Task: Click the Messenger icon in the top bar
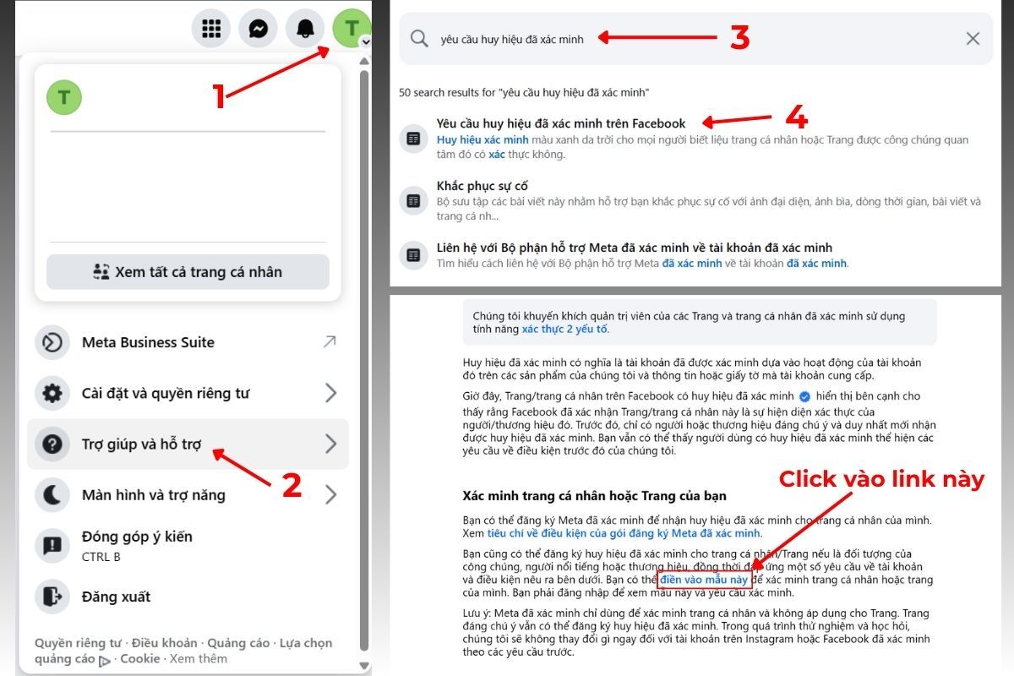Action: coord(258,29)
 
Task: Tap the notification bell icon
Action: coord(305,29)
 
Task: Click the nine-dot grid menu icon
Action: coord(210,29)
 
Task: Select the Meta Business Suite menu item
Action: coord(148,342)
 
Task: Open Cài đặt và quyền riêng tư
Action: coord(165,393)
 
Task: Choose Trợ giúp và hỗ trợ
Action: coord(141,444)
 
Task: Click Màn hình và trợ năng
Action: coord(153,494)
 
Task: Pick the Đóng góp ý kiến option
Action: coord(136,537)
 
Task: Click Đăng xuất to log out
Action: coord(116,597)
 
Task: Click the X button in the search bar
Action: coord(973,38)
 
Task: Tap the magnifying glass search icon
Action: coord(419,38)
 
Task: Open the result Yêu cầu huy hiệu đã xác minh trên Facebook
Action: coord(561,123)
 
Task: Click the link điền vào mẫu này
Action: coord(704,581)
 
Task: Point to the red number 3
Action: coord(739,37)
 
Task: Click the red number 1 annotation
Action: coord(219,96)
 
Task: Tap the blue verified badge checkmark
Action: coord(805,396)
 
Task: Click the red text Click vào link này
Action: coord(881,479)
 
